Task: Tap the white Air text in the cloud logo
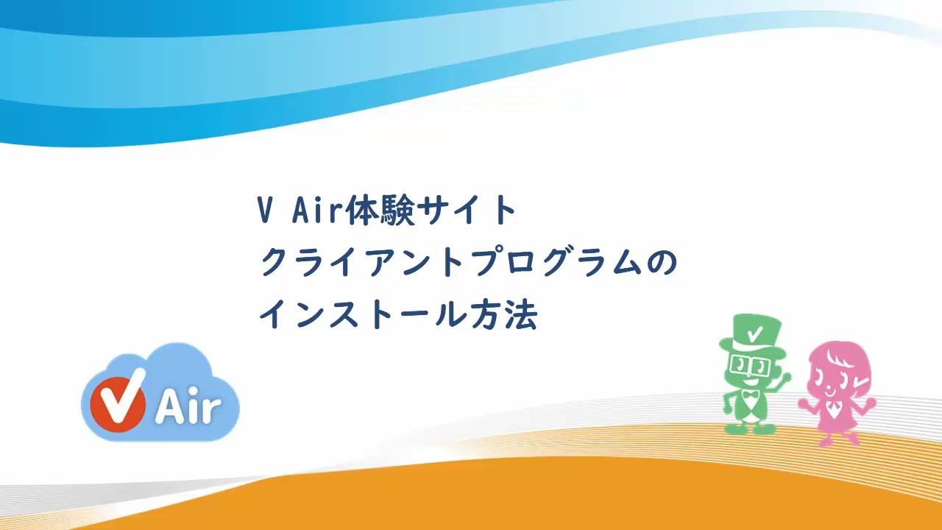[x=188, y=406]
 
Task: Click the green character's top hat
[x=751, y=335]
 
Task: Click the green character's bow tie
[x=750, y=398]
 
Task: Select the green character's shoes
[x=750, y=428]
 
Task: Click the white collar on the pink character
[x=834, y=406]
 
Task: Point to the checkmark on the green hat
[x=754, y=333]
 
